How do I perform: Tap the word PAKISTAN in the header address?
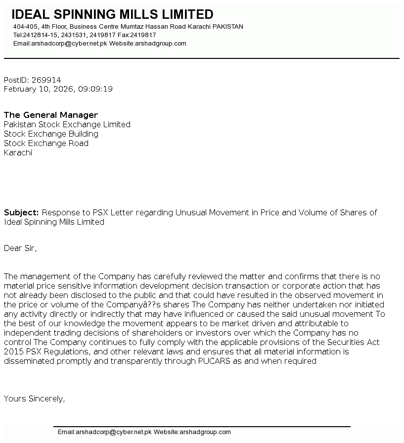[x=227, y=27]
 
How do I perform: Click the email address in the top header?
[x=60, y=44]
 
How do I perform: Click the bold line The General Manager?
[x=51, y=115]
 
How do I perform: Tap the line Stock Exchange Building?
[x=51, y=134]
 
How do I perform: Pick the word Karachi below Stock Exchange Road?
[x=18, y=152]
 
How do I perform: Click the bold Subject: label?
[x=21, y=212]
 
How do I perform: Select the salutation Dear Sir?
[x=20, y=248]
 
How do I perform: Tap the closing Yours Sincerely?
[x=34, y=398]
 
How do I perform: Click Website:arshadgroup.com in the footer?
[x=192, y=432]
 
